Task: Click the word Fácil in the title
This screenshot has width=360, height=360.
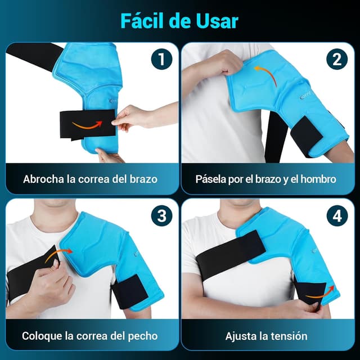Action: click(x=142, y=21)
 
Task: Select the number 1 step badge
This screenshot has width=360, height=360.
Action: click(x=161, y=59)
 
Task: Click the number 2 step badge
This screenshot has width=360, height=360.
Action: click(x=337, y=59)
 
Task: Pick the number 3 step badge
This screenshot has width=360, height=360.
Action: click(x=161, y=215)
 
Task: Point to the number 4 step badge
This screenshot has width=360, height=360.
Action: click(x=337, y=215)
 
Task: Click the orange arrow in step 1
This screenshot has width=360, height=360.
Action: click(x=87, y=126)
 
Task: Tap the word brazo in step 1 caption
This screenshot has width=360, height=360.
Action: click(x=143, y=179)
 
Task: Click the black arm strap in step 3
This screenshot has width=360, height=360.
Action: click(x=129, y=291)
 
